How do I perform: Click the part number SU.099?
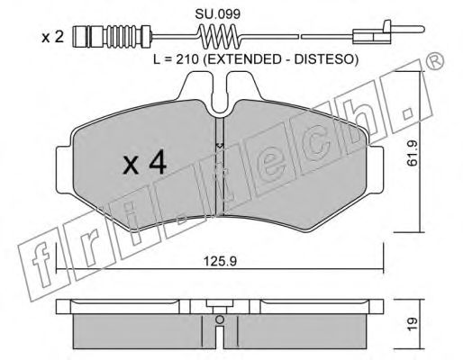pyautogui.click(x=217, y=14)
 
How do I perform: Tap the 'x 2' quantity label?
pyautogui.click(x=52, y=38)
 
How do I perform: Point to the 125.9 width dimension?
pyautogui.click(x=220, y=261)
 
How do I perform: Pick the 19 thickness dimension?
pyautogui.click(x=413, y=323)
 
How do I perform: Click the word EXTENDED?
pyautogui.click(x=245, y=59)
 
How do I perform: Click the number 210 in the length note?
pyautogui.click(x=186, y=59)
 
